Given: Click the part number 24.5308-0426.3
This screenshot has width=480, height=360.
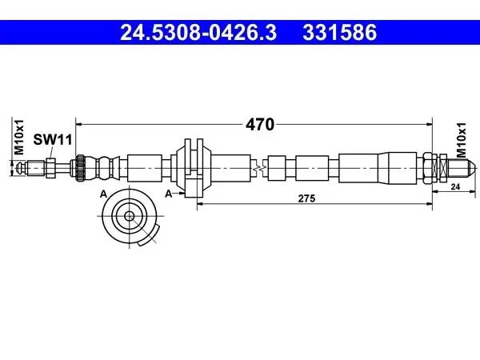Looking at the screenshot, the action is [198, 33].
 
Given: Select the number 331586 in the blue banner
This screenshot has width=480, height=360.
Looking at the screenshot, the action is [339, 33].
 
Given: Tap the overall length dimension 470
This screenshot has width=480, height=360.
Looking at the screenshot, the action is [260, 125].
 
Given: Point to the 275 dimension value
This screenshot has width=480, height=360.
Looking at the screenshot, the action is [306, 198].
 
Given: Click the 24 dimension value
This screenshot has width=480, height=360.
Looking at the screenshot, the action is [455, 186].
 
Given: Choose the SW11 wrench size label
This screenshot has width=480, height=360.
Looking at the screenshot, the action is [53, 139].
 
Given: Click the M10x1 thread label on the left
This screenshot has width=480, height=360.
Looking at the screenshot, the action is [19, 137].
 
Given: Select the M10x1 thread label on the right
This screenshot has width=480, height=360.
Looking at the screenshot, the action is [461, 140].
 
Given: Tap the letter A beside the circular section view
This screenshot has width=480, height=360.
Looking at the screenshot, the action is [103, 194].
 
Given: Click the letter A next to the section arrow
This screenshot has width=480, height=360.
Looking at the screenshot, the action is [169, 194].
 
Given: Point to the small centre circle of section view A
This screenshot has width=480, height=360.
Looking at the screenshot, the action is [130, 216].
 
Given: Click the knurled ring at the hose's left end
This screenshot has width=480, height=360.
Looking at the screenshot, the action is [81, 168].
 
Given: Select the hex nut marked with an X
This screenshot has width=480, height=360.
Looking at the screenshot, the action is [443, 168].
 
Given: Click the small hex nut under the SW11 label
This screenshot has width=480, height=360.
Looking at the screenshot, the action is [50, 168].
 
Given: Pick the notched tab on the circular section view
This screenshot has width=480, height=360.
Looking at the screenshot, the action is [149, 237].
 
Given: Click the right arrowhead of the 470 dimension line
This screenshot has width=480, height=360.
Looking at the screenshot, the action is [429, 124].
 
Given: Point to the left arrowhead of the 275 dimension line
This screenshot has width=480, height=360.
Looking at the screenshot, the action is [201, 203].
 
